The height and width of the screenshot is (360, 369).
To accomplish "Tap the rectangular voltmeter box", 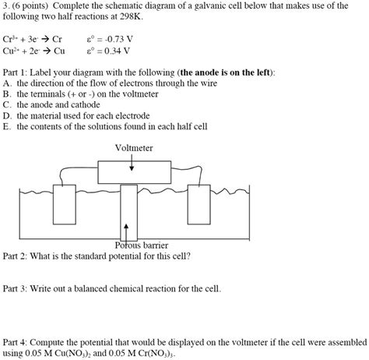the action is (x=133, y=171).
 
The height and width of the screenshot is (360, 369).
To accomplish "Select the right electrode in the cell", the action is (x=204, y=205).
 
